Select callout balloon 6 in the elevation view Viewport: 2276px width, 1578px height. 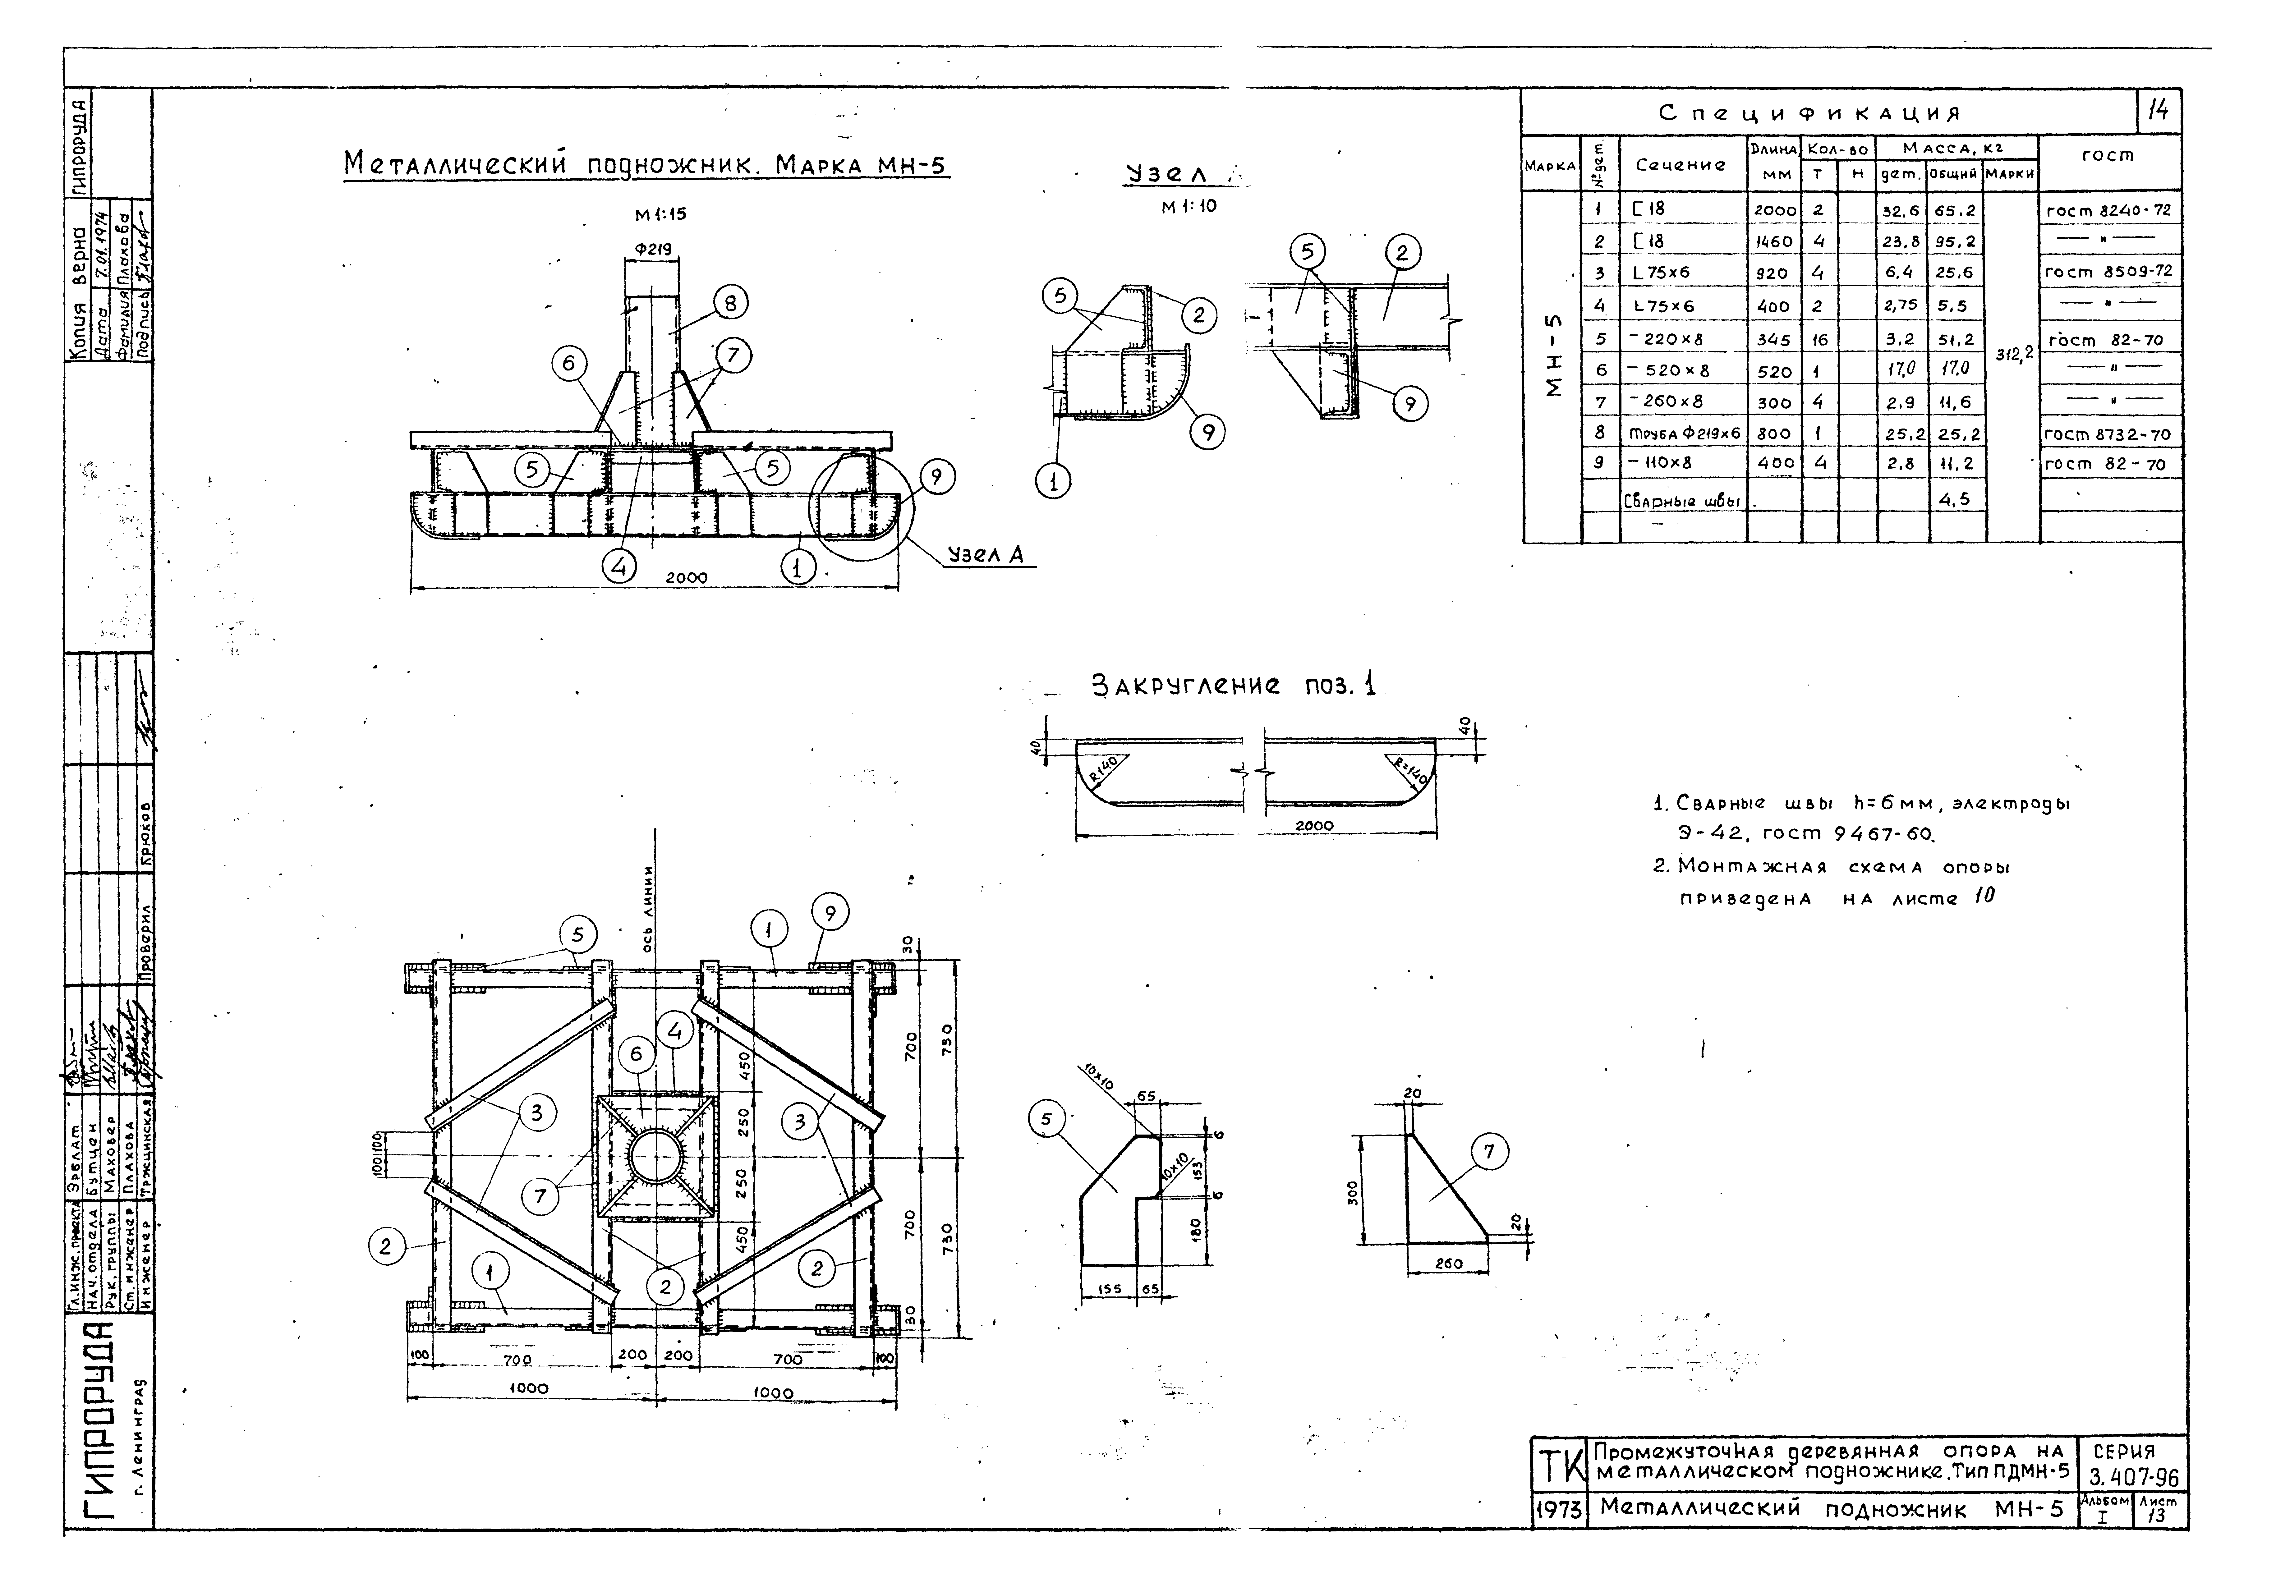568,364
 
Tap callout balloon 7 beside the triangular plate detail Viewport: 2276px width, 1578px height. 1490,1151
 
